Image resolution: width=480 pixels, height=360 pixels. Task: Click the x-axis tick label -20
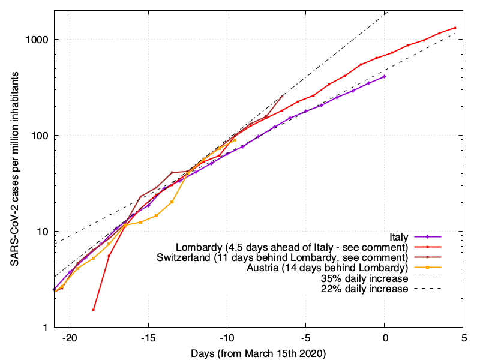pos(70,338)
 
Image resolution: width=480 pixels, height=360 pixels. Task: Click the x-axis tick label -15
pos(148,338)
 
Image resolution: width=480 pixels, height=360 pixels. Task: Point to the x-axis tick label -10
pos(227,338)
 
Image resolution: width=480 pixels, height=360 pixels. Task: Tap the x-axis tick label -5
pos(305,338)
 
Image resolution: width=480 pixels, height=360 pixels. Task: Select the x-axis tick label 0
pos(385,338)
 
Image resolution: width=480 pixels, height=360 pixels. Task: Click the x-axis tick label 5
pos(463,338)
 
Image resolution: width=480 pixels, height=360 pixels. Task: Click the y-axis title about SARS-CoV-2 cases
pos(13,171)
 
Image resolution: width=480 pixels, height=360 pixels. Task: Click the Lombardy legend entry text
pos(292,247)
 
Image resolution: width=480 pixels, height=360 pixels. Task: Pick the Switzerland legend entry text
pos(281,257)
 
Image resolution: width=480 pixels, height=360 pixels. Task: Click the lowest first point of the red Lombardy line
pos(94,310)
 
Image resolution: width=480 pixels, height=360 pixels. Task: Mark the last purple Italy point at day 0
pos(385,77)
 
